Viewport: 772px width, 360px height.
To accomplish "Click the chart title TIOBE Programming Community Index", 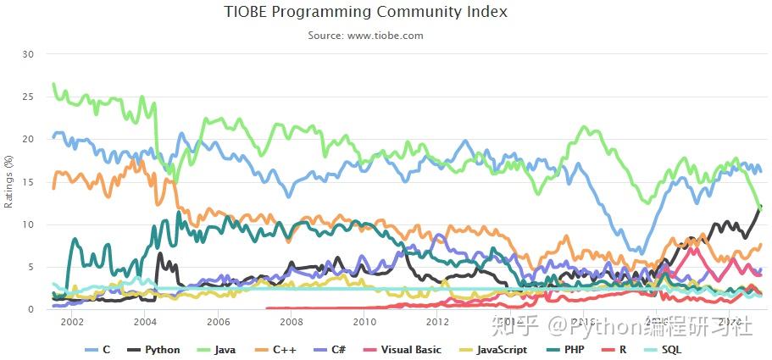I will coord(365,12).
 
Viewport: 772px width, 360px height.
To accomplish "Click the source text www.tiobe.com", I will coord(365,36).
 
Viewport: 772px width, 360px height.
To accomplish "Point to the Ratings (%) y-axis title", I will coord(9,181).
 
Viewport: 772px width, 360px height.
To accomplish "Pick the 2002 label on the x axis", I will coord(72,322).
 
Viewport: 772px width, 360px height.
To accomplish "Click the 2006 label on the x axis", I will coord(219,322).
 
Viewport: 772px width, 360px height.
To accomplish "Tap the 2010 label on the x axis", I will coord(364,322).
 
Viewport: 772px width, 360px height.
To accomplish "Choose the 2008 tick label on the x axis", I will coord(292,322).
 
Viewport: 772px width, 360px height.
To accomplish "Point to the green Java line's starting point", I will coord(53,84).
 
